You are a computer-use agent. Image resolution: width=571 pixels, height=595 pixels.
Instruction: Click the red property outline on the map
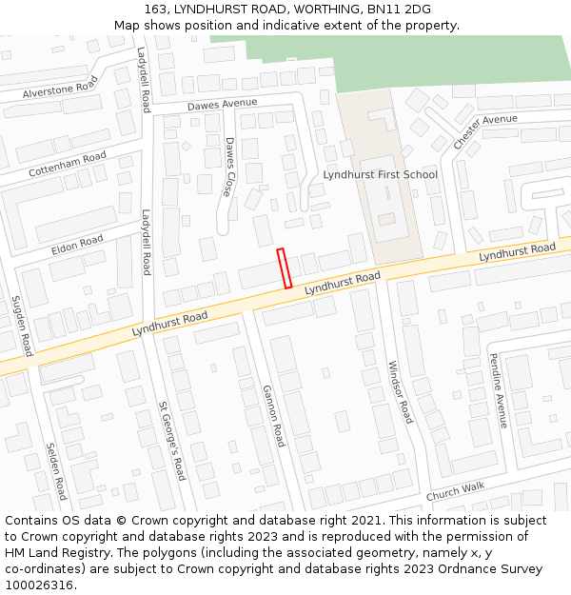[284, 268]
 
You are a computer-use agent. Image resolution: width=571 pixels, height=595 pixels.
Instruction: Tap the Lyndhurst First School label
[380, 174]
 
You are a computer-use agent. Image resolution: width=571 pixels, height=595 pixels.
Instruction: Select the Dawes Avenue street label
[222, 104]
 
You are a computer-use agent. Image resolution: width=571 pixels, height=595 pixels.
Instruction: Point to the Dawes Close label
[229, 167]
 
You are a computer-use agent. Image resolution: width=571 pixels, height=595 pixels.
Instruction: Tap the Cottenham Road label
[68, 165]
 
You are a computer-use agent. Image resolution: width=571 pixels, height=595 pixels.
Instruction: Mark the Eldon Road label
[77, 245]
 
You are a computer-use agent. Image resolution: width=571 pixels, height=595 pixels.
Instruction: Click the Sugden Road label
[22, 326]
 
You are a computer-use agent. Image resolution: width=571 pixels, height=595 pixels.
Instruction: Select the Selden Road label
[56, 471]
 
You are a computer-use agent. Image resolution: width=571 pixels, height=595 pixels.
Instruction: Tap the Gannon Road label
[273, 416]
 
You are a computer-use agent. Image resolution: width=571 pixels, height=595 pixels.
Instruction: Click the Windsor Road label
[401, 391]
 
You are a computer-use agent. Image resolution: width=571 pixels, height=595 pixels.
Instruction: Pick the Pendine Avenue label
[499, 384]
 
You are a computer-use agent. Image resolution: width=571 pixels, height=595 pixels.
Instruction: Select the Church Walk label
[455, 491]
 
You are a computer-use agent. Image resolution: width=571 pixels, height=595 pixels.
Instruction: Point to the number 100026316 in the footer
[40, 585]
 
